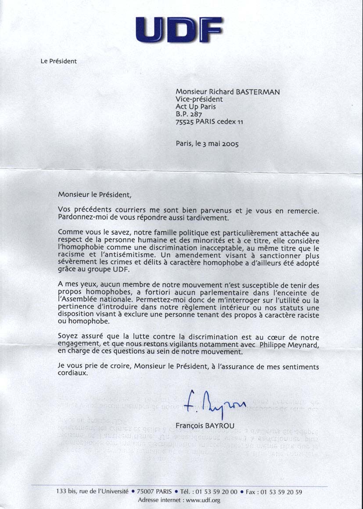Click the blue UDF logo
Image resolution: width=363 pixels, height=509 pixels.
pyautogui.click(x=179, y=29)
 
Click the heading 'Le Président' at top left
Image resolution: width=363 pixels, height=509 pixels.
pyautogui.click(x=58, y=61)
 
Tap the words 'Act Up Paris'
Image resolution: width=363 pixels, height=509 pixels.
pyautogui.click(x=196, y=106)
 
